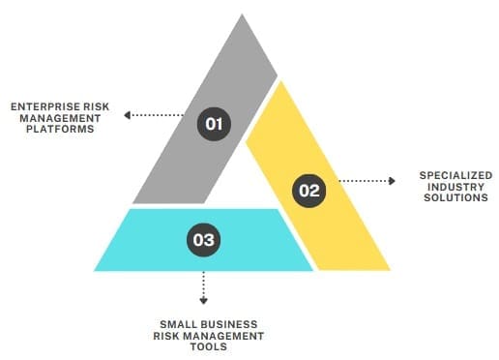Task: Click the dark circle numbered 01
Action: (214, 123)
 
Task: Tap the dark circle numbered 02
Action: (308, 191)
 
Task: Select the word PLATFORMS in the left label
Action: (60, 129)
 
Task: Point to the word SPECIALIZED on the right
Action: (454, 174)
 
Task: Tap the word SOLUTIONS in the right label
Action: (455, 197)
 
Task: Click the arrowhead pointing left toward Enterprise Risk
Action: (128, 116)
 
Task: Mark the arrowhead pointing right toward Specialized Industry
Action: (391, 180)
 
